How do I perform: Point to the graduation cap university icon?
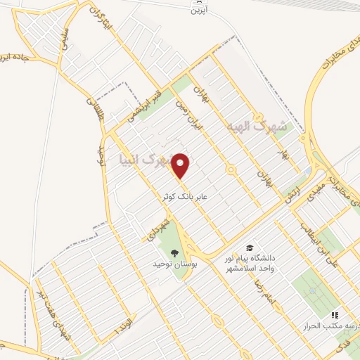click(x=249, y=247)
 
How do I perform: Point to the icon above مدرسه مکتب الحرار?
click(x=335, y=316)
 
